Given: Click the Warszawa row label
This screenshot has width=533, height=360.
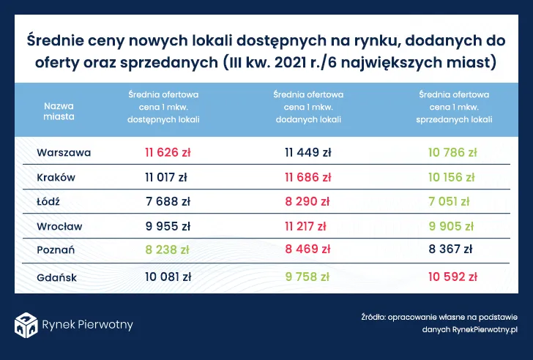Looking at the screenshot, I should point(64,153).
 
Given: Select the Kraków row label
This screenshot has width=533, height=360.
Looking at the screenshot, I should point(56,177).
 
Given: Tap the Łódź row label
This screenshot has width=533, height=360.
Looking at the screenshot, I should point(49,201).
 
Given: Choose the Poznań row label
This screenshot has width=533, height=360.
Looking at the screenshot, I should point(56,250).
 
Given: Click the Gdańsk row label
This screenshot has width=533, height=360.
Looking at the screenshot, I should point(57,277).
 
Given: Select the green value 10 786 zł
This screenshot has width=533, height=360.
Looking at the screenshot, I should point(455,153).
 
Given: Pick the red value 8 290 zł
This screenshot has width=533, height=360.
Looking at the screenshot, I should point(307,201).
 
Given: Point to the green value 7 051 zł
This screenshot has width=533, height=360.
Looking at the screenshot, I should point(455,201).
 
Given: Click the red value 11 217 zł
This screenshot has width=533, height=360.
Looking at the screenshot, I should point(307,225).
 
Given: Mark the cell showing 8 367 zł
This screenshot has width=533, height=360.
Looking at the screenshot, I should point(455,250).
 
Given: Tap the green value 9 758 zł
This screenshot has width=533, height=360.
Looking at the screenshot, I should point(307,277).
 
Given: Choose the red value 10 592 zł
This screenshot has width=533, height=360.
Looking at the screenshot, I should point(455,277).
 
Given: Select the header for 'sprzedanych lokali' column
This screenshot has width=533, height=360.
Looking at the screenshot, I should point(455,106).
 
